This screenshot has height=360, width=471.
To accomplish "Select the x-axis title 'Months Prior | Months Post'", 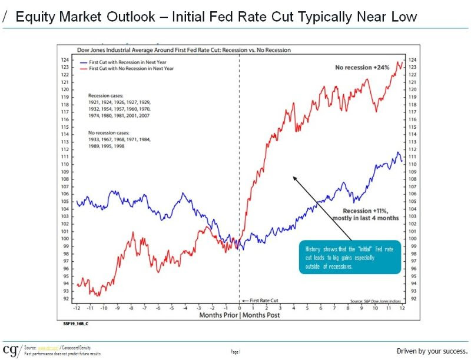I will pyautogui.click(x=239, y=315).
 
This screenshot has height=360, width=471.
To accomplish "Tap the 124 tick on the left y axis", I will pyautogui.click(x=65, y=60).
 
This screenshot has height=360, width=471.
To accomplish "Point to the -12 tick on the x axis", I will pyautogui.click(x=77, y=308).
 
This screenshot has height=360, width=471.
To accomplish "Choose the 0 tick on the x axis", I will pyautogui.click(x=240, y=308).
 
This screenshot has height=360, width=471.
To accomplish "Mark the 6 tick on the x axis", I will pyautogui.click(x=320, y=308).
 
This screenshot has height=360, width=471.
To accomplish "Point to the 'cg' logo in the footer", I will pyautogui.click(x=10, y=351).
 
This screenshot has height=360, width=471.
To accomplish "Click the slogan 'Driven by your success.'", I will pyautogui.click(x=432, y=351).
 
